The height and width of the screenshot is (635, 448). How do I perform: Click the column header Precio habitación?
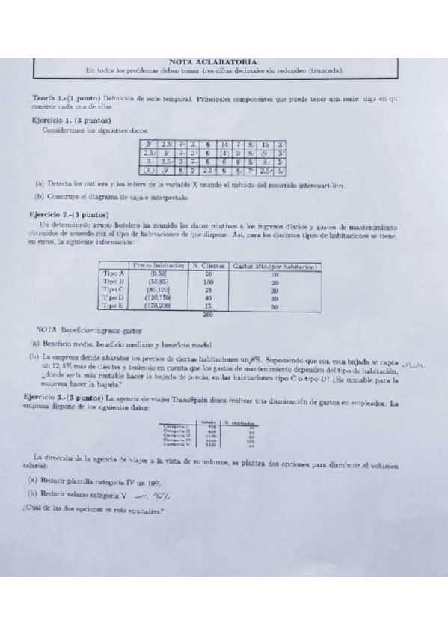[157, 266]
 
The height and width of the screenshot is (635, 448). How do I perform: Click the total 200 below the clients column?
[208, 315]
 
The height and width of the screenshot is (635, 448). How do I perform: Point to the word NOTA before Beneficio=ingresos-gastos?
[48, 330]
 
